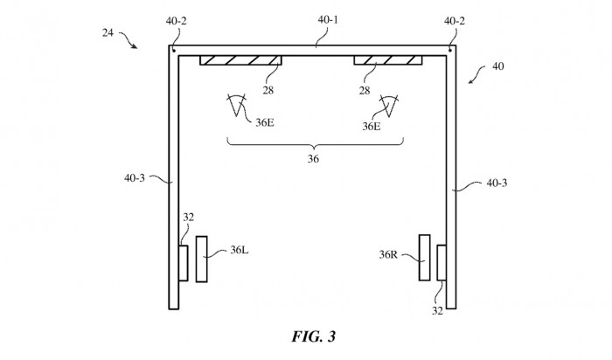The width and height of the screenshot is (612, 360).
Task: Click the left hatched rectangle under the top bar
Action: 241,60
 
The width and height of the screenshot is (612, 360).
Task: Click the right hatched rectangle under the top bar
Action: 387,60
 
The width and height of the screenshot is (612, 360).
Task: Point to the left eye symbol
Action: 235,107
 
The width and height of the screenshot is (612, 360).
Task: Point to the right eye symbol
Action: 386,107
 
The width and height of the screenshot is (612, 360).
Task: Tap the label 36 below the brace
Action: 313,159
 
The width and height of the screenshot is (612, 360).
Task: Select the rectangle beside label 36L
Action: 202,259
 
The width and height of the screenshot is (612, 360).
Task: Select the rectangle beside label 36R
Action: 424,257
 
